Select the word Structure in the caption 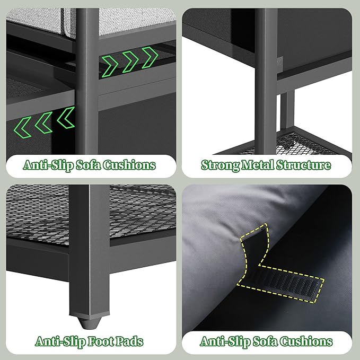point(303,165)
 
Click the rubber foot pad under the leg point(89,323)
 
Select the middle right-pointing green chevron point(130,62)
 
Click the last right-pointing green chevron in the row point(150,57)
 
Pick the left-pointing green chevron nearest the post point(66,118)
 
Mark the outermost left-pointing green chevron point(22,127)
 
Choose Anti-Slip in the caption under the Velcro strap point(225,341)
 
